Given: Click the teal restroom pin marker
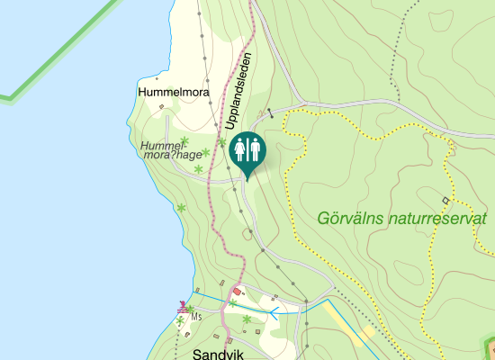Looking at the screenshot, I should (x=247, y=150).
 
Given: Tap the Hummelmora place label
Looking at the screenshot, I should (x=174, y=92).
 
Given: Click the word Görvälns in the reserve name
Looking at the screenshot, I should (x=355, y=219).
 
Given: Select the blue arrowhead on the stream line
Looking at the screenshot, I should (x=274, y=312).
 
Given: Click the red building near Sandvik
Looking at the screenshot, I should (x=238, y=292).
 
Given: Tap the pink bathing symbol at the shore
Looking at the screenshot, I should (x=183, y=305).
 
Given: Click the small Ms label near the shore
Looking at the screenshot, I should (x=195, y=317).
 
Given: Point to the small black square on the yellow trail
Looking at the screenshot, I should (x=445, y=199).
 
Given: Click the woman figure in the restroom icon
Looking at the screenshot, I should (x=239, y=148).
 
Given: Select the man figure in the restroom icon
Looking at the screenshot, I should (x=255, y=148).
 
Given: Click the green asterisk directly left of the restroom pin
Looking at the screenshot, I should (x=221, y=142).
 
